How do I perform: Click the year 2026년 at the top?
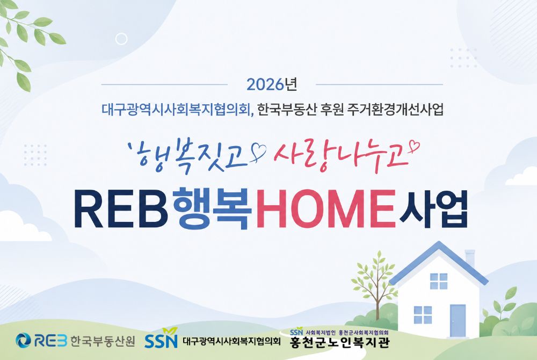[x=271, y=84]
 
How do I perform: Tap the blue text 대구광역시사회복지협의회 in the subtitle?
[x=176, y=110]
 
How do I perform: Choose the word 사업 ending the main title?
[x=432, y=208]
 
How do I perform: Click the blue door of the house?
[x=458, y=320]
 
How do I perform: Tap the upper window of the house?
[x=439, y=282]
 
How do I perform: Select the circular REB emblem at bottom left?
[x=23, y=340]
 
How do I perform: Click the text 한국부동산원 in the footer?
[x=103, y=341]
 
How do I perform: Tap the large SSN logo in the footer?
[x=161, y=339]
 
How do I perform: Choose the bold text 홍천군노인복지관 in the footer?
[x=339, y=342]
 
